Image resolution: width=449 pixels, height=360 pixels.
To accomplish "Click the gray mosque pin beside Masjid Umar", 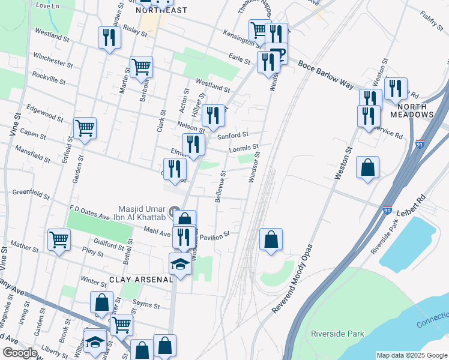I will pos(175,211).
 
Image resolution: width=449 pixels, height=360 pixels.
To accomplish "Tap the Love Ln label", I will pos(49,5).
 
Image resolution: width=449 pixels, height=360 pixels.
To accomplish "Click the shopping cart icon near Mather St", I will pos(59,240).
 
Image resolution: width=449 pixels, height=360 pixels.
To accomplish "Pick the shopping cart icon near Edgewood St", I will pos(85,127).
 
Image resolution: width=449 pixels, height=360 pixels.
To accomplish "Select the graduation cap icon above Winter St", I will pos(180,263).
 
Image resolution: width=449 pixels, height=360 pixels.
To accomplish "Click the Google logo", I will pos(20,353).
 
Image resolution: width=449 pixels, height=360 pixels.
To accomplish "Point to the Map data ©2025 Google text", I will pos(411,355).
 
